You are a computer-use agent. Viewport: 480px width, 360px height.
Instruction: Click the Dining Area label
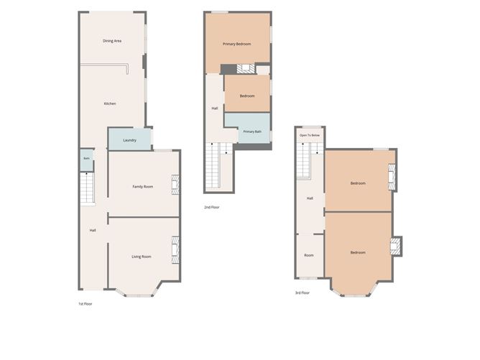pyautogui.click(x=112, y=41)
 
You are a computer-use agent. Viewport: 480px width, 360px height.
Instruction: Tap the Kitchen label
pyautogui.click(x=110, y=103)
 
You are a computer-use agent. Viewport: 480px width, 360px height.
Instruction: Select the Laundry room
pyautogui.click(x=130, y=139)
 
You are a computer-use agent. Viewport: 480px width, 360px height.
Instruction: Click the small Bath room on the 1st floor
pyautogui.click(x=87, y=160)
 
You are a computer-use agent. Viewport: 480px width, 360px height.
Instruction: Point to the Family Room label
pyautogui.click(x=143, y=186)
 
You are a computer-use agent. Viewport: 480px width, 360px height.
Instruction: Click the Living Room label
pyautogui.click(x=142, y=257)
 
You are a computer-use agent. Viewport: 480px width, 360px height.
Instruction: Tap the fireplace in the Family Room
pyautogui.click(x=175, y=185)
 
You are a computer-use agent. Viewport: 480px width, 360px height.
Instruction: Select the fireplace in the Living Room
pyautogui.click(x=175, y=250)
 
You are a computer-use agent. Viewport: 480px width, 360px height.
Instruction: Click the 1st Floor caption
pyautogui.click(x=85, y=304)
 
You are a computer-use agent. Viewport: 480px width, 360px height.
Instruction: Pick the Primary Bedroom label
pyautogui.click(x=236, y=44)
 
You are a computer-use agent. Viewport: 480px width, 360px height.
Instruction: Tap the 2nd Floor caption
pyautogui.click(x=212, y=207)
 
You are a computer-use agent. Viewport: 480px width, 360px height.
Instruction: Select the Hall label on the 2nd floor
pyautogui.click(x=215, y=109)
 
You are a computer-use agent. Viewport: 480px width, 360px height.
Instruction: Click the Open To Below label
pyautogui.click(x=310, y=135)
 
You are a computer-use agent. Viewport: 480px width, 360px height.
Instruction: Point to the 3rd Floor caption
pyautogui.click(x=302, y=293)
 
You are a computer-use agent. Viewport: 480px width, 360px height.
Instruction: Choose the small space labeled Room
pyautogui.click(x=310, y=256)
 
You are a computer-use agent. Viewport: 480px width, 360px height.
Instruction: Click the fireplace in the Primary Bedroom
pyautogui.click(x=246, y=69)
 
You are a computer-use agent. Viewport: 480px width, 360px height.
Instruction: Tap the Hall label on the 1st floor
pyautogui.click(x=93, y=230)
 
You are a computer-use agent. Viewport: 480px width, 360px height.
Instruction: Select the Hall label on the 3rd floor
pyautogui.click(x=310, y=198)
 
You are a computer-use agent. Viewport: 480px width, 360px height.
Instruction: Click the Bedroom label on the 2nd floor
pyautogui.click(x=247, y=96)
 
